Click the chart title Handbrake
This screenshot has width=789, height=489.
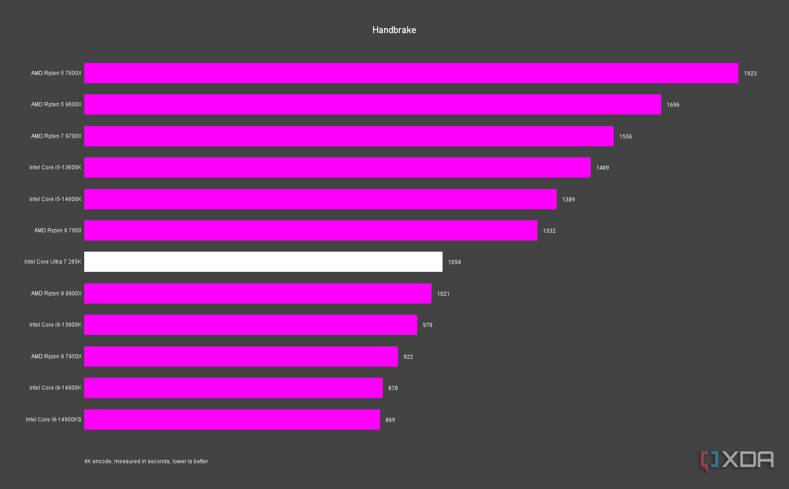[394, 30]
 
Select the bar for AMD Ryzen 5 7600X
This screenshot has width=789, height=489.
[411, 73]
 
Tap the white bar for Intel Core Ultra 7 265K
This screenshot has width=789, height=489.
[263, 262]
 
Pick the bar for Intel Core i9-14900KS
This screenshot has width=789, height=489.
[232, 420]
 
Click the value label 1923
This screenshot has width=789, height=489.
[750, 74]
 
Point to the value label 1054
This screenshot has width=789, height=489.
[454, 262]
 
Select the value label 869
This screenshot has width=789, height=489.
[390, 420]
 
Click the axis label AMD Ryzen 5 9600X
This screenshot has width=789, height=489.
[56, 104]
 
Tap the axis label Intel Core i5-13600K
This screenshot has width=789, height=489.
[55, 167]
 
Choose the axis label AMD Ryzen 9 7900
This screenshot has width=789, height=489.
[58, 230]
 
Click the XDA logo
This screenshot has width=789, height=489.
[737, 460]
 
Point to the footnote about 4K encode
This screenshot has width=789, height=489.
[146, 461]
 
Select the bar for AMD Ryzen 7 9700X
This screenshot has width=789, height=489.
[349, 136]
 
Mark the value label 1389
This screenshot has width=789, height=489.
[568, 200]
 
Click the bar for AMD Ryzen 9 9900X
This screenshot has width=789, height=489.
[258, 293]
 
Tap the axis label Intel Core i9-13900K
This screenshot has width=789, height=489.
[55, 325]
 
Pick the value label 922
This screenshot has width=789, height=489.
[408, 357]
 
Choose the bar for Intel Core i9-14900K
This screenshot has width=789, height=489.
[233, 388]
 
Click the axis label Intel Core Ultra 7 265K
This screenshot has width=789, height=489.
[53, 262]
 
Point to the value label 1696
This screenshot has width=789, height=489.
[673, 105]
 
